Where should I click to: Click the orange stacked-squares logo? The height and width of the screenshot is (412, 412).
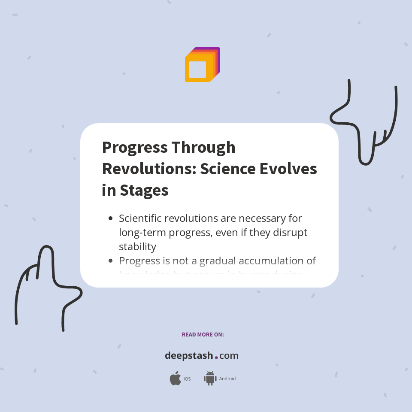click(x=202, y=65)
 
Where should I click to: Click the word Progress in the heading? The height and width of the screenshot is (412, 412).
click(x=134, y=148)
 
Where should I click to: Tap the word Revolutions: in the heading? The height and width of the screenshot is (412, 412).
click(x=148, y=169)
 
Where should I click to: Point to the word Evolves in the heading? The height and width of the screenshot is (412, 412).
click(x=288, y=169)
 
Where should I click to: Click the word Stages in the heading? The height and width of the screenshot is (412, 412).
click(x=144, y=190)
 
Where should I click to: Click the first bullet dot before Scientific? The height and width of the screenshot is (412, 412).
click(x=111, y=218)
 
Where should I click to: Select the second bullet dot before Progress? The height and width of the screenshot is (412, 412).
click(x=111, y=261)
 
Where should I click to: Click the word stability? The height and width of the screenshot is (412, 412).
click(x=137, y=246)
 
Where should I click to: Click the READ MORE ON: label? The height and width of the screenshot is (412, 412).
click(x=203, y=334)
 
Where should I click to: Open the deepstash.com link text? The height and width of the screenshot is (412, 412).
click(x=202, y=356)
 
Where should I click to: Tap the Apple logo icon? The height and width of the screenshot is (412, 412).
click(x=175, y=379)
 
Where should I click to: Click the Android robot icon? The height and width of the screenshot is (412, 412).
click(x=210, y=379)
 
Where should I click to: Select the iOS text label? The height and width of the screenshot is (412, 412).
click(x=187, y=379)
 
